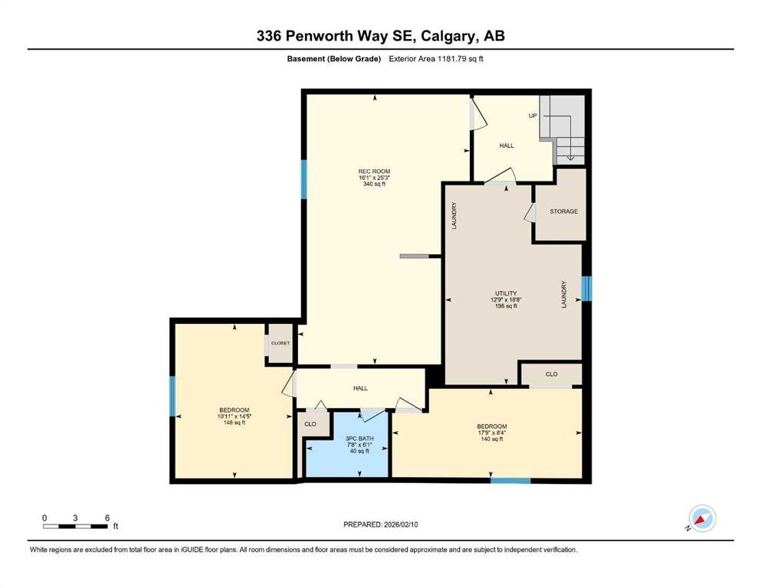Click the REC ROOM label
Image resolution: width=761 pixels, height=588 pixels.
(374, 171)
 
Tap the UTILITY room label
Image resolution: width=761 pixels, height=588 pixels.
(506, 293)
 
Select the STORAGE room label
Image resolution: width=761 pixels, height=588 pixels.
(563, 211)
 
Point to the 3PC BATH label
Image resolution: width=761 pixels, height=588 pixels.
(359, 438)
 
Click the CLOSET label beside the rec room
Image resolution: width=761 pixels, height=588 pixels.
(280, 343)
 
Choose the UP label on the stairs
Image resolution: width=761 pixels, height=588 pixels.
(533, 116)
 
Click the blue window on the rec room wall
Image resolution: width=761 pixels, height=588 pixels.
(303, 179)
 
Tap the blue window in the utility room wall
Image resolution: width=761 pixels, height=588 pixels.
(586, 289)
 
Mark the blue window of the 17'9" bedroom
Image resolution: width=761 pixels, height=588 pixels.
(510, 481)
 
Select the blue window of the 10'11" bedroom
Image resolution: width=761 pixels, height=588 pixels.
(172, 396)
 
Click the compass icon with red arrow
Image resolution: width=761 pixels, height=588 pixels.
(702, 518)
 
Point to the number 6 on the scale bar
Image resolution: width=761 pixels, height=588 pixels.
(107, 518)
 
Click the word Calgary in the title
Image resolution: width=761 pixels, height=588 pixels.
(447, 36)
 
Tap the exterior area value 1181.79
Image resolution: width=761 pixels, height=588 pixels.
(453, 59)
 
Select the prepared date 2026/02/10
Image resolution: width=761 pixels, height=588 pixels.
(400, 524)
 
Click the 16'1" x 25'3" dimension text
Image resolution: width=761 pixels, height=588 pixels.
(374, 178)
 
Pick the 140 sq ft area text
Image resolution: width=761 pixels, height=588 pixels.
(492, 439)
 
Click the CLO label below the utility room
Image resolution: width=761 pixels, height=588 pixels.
(551, 374)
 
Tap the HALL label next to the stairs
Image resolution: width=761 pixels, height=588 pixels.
(507, 145)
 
